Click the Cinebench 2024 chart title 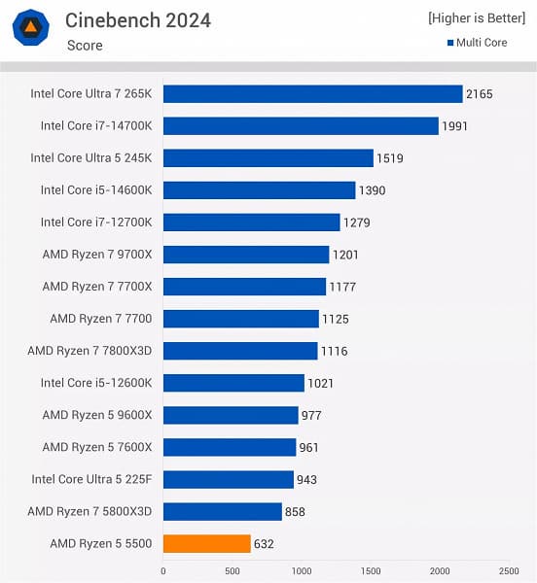(x=137, y=20)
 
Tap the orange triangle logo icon (x=31, y=27)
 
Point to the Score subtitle (x=85, y=46)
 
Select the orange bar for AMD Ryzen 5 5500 (x=206, y=543)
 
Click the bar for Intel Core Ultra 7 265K (x=312, y=94)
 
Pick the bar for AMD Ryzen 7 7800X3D (x=240, y=351)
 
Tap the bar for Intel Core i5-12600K (x=233, y=383)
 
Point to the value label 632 (x=264, y=544)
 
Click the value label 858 (x=297, y=512)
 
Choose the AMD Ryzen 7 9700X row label (x=97, y=255)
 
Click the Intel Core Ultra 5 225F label (x=91, y=479)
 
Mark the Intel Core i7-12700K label (x=96, y=223)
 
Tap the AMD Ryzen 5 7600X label (x=97, y=447)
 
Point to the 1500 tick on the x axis (x=371, y=570)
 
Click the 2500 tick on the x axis (x=509, y=570)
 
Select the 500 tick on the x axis (x=233, y=570)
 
